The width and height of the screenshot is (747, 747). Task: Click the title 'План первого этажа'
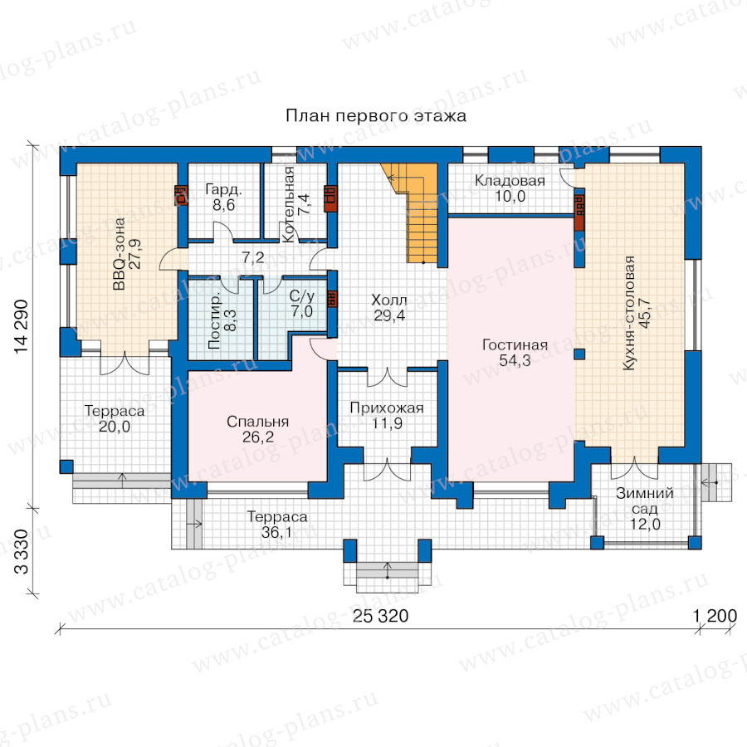pos(376,115)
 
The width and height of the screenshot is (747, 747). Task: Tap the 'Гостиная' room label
pos(515,345)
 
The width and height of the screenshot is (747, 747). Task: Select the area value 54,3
pos(515,361)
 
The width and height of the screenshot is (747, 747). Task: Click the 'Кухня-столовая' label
pos(629,313)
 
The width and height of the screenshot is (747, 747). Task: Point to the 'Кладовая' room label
pos(510,181)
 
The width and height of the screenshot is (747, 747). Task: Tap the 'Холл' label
pos(389,300)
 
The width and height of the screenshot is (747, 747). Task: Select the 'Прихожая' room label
pos(387,408)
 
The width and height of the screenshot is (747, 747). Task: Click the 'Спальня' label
pos(258,422)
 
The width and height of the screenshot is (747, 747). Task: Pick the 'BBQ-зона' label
pos(119,254)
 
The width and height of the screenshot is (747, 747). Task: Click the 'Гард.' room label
pos(223,189)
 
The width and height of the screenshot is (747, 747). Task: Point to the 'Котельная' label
pos(288,205)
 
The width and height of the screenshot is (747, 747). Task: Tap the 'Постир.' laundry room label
pos(214,320)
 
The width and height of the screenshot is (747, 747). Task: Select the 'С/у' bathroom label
pos(302,295)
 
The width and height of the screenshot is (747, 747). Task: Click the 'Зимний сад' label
pos(645,500)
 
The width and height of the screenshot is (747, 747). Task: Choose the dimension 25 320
pos(380,616)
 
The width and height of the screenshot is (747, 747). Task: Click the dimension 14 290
pos(22,327)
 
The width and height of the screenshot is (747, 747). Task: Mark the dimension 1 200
pos(715,616)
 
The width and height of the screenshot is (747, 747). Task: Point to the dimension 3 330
pos(22,551)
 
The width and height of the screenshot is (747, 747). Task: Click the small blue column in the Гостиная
pos(579,354)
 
